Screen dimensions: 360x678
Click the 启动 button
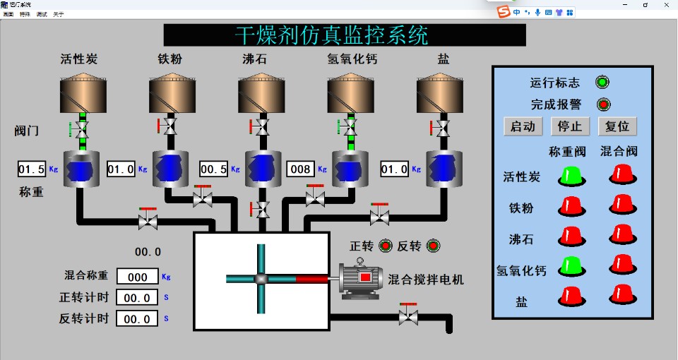tap(523, 126)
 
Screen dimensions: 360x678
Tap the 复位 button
tap(617, 126)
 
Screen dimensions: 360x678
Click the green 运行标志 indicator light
tap(602, 83)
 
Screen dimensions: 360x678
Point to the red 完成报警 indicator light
tap(602, 104)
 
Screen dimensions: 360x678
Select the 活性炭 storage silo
tap(83, 93)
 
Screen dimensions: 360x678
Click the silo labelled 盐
tap(439, 93)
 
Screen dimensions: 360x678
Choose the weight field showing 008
tap(301, 169)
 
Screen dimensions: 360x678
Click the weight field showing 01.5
tap(32, 169)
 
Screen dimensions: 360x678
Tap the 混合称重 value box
tap(137, 277)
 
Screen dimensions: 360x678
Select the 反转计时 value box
tap(137, 319)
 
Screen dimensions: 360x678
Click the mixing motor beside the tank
tap(362, 280)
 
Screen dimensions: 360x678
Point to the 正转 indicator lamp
tap(386, 246)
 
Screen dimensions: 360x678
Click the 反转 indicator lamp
tap(433, 246)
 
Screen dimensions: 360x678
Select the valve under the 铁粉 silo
tap(169, 128)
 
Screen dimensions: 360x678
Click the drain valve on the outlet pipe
tap(408, 315)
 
